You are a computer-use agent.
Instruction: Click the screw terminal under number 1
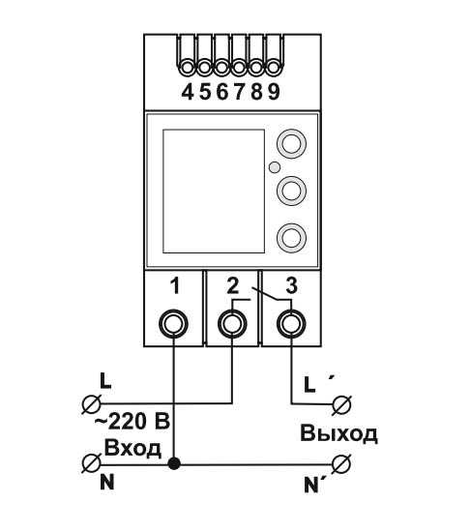(174, 324)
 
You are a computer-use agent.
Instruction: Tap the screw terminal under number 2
(233, 324)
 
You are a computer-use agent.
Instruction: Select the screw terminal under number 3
(292, 324)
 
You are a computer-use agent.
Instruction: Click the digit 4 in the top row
(188, 92)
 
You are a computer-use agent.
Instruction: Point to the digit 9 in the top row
(274, 92)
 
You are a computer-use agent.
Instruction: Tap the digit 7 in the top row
(240, 92)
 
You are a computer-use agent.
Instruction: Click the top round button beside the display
(292, 143)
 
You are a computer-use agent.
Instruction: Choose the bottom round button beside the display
(292, 238)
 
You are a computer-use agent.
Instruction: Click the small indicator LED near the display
(274, 167)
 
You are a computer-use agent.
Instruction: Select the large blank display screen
(214, 191)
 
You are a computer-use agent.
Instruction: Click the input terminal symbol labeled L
(92, 404)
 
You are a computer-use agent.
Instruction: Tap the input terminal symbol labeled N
(92, 463)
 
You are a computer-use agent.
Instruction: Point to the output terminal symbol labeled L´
(341, 404)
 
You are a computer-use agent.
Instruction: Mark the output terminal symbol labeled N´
(341, 463)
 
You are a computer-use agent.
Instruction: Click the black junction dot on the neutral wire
(174, 463)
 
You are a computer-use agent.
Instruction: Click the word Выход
(338, 434)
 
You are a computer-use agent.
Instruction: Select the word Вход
(132, 449)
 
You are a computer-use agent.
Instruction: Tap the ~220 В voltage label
(132, 423)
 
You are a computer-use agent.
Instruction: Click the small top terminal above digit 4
(187, 68)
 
